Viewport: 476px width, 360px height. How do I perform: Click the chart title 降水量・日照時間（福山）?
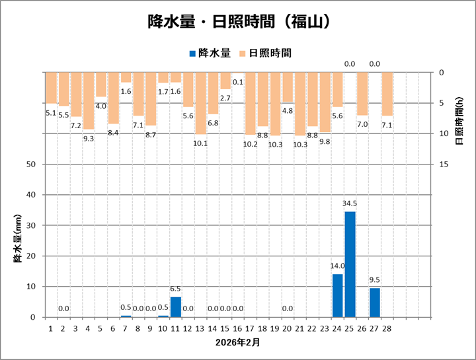click(x=238, y=22)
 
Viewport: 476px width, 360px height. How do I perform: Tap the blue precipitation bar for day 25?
click(x=350, y=264)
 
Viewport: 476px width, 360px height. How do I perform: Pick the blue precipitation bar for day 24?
click(x=337, y=295)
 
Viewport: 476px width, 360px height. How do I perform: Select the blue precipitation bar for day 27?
click(x=375, y=303)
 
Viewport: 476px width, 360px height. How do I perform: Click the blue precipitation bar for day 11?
click(x=175, y=307)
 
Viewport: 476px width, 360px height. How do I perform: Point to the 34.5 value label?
click(x=350, y=203)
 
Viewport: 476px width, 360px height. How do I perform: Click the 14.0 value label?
click(x=337, y=266)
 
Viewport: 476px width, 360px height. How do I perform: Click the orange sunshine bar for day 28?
click(x=387, y=94)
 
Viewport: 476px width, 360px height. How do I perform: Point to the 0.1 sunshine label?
click(x=238, y=82)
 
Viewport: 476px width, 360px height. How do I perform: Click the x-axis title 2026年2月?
click(x=237, y=343)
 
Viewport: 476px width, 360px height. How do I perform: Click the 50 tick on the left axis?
click(x=30, y=164)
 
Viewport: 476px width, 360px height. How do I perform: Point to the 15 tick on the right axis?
click(x=445, y=164)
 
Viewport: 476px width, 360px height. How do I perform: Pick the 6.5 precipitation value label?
click(x=175, y=289)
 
